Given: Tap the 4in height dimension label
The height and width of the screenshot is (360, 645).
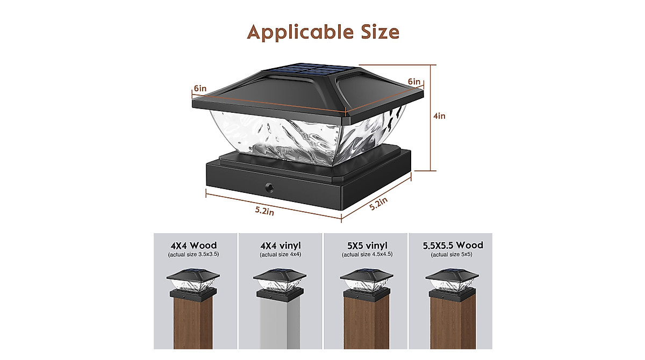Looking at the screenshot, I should click(x=439, y=116).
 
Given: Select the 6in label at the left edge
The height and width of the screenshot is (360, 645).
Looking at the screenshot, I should click(x=200, y=88).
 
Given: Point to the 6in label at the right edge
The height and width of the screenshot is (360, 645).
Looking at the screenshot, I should click(x=414, y=82).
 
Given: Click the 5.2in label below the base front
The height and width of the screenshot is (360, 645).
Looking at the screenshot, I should click(x=264, y=211).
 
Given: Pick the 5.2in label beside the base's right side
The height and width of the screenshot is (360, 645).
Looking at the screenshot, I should click(x=378, y=204).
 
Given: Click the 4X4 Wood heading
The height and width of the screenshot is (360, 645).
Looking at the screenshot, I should click(x=193, y=246).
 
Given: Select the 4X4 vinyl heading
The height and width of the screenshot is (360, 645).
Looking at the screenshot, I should click(x=280, y=246).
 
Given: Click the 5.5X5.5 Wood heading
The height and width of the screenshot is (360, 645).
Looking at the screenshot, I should click(x=453, y=246).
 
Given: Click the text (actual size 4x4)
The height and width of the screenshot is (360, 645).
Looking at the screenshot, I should click(x=280, y=254).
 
